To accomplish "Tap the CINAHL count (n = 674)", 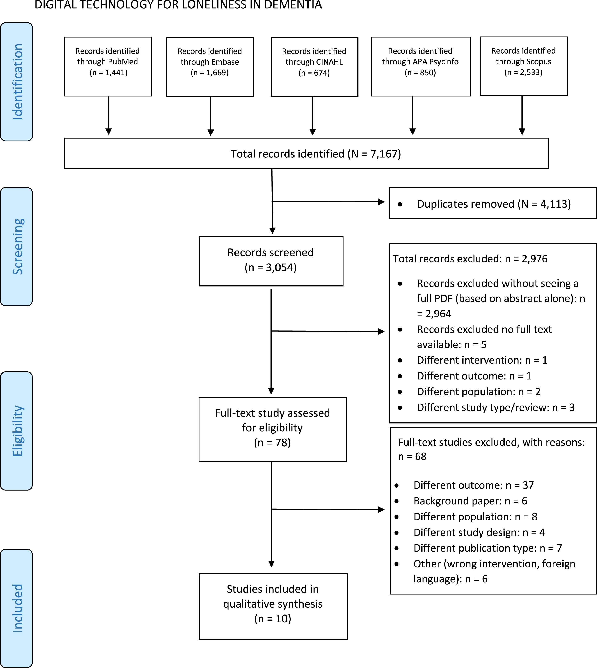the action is [x=314, y=73].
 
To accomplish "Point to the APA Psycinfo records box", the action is [x=420, y=67].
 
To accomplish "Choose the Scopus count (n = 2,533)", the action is [x=523, y=72].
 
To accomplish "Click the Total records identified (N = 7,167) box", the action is [x=306, y=153].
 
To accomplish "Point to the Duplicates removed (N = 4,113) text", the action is [x=494, y=204].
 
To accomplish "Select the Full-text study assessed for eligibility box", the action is [x=273, y=430].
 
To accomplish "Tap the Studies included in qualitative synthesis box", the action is [x=273, y=606].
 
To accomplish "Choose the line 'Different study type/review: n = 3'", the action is [x=496, y=407].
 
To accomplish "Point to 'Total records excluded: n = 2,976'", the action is [x=470, y=259].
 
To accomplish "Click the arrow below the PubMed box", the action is [x=109, y=115].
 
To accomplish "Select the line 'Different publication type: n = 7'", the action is [x=488, y=548].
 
